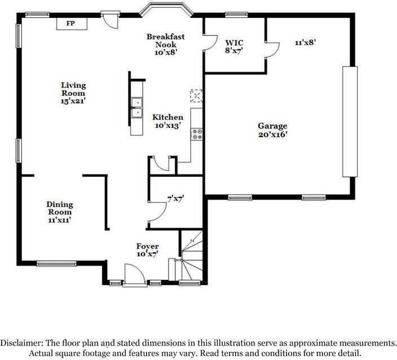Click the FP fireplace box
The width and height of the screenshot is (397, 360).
click(72, 24)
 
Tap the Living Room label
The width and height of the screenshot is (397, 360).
click(73, 93)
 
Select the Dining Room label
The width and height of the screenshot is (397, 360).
click(60, 212)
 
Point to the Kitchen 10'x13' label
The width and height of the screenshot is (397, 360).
click(167, 121)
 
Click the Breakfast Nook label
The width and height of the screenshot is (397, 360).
click(166, 45)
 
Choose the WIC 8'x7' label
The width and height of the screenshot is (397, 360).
click(234, 47)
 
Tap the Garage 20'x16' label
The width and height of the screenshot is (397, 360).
click(273, 130)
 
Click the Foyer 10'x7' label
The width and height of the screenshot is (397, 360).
click(148, 250)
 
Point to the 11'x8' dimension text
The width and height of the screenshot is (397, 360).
click(305, 42)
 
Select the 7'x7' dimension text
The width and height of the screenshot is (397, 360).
click(175, 199)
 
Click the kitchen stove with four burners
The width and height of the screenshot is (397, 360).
click(196, 134)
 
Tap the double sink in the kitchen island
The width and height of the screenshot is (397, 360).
click(136, 108)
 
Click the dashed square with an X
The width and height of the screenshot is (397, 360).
click(196, 96)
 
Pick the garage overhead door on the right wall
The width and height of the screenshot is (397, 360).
click(350, 122)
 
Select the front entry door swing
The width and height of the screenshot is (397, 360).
click(135, 275)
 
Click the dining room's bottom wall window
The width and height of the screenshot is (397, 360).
click(56, 264)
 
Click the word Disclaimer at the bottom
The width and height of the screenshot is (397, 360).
click(21, 343)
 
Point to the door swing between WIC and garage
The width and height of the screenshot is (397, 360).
click(272, 50)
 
